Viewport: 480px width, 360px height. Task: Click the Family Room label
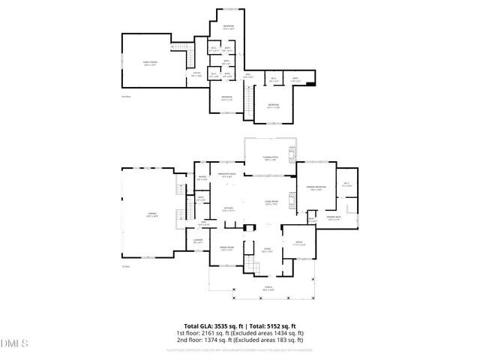pos(149,62)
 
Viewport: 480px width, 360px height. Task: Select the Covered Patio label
pos(271,158)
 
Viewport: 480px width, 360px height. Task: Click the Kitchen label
pos(229,209)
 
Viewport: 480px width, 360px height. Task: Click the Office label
pos(298,243)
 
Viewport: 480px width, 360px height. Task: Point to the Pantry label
pos(202,178)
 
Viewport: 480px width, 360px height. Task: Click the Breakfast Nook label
pos(227,175)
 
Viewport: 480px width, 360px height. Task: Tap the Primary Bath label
pos(334,218)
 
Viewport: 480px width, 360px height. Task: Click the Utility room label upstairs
pos(196,74)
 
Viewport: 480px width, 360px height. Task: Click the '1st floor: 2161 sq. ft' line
pos(240,333)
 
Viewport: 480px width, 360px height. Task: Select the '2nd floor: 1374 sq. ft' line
pos(240,340)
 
